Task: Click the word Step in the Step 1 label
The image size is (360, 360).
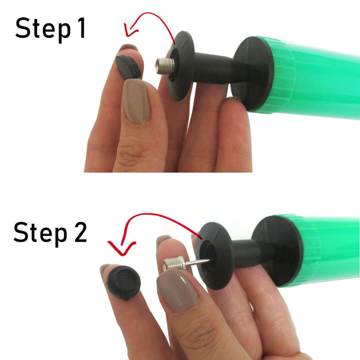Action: [43, 29]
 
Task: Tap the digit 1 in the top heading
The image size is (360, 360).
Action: [81, 28]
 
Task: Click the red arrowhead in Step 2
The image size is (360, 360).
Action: [122, 249]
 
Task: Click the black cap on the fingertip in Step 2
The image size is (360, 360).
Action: [123, 283]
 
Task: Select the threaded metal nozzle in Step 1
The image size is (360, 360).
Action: [165, 67]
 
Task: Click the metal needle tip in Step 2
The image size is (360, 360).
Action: [208, 260]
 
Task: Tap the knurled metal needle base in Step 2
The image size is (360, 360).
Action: [174, 263]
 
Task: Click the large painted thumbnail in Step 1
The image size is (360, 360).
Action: [137, 101]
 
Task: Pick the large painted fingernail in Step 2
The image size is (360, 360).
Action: [177, 290]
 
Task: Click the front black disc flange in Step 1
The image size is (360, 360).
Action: [182, 66]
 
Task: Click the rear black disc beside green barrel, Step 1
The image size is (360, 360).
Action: [253, 74]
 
